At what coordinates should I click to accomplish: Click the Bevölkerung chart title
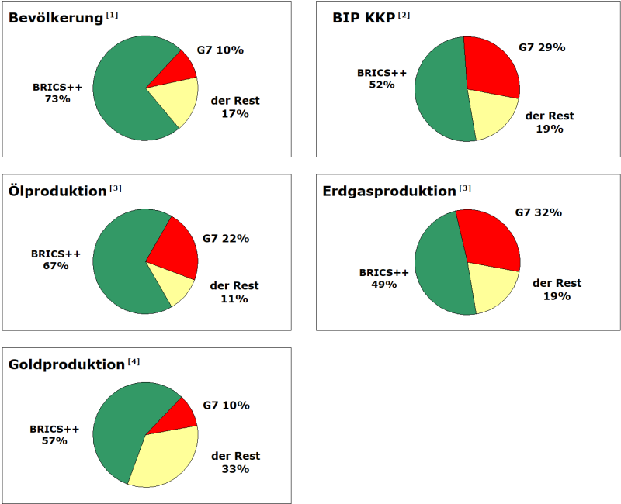point(56,18)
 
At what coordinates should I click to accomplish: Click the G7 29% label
point(542,47)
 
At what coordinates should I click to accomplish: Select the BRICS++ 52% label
point(382,78)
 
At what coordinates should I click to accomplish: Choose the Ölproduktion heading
point(57,191)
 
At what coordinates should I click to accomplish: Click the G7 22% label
point(225,238)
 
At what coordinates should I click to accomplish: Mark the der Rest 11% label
point(234,292)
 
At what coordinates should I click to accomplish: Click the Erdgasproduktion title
point(389,191)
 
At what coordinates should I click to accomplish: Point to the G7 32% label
point(539,212)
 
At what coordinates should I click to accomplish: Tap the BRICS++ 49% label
point(383,278)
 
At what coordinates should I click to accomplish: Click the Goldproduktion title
point(66,364)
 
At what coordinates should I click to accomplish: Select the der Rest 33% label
point(235,462)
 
